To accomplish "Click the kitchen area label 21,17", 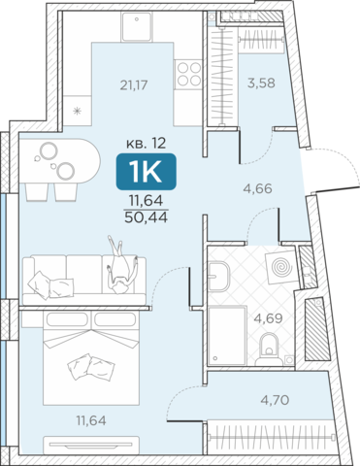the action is pyautogui.click(x=134, y=85).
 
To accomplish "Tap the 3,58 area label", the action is pyautogui.click(x=261, y=83).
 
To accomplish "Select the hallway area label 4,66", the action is pyautogui.click(x=257, y=188).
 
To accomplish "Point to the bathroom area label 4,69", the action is pyautogui.click(x=268, y=318).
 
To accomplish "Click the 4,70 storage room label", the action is pyautogui.click(x=275, y=400).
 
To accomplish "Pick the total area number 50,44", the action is pyautogui.click(x=146, y=217).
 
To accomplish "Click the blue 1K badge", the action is pyautogui.click(x=147, y=172).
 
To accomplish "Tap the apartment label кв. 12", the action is pyautogui.click(x=146, y=143).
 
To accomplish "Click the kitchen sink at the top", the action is pyautogui.click(x=137, y=26).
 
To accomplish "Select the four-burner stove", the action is pyautogui.click(x=189, y=74).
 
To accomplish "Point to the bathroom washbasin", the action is pyautogui.click(x=218, y=276).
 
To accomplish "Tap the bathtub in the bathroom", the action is pyautogui.click(x=227, y=335).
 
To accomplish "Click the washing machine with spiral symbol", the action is pyautogui.click(x=281, y=267).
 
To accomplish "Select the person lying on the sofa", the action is pyautogui.click(x=121, y=265).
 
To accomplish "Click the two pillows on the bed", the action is pyautogui.click(x=91, y=367).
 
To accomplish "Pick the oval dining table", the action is pyautogui.click(x=60, y=161).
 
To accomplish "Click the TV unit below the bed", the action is pyautogui.click(x=91, y=445).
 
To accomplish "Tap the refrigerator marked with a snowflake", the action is pyautogui.click(x=77, y=111).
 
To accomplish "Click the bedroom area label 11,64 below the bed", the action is pyautogui.click(x=91, y=420).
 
